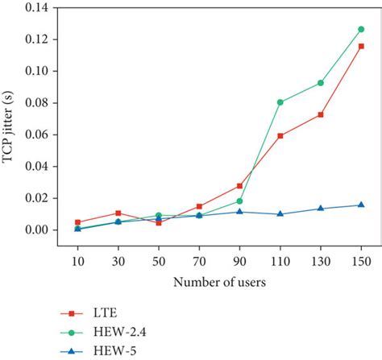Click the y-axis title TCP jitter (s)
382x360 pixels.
10,120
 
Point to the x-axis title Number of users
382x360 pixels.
219,283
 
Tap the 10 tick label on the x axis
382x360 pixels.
77,263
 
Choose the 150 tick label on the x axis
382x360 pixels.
360,263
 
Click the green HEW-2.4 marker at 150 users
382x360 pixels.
361,30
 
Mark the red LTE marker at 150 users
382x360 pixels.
361,47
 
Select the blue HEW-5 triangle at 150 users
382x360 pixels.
361,205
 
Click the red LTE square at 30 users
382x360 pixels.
118,213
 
